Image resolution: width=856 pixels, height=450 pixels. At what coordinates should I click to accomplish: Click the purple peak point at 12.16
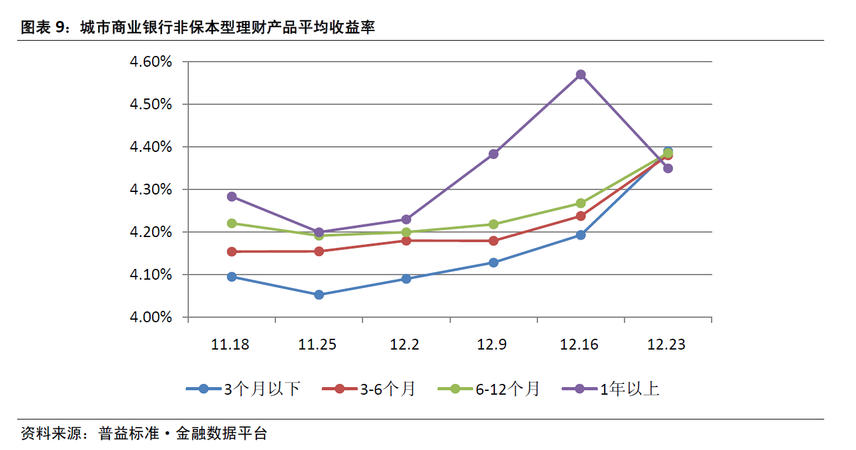click(581, 74)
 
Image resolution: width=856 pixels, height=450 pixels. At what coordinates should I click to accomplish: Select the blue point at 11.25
click(319, 294)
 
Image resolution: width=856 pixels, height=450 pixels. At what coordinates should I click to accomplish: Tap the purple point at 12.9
click(494, 154)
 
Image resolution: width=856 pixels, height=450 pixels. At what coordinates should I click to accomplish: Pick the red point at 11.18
click(232, 252)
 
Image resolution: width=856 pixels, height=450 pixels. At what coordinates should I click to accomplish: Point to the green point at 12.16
click(581, 203)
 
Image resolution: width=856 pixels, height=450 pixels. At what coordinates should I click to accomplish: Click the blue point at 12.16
click(581, 235)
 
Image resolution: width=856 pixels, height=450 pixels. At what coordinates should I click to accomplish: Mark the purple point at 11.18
click(232, 196)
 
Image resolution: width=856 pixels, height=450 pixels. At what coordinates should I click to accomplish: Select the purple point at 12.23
click(668, 168)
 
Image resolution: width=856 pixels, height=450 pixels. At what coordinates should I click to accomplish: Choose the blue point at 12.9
click(494, 262)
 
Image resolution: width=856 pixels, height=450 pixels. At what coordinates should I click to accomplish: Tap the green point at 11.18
click(232, 223)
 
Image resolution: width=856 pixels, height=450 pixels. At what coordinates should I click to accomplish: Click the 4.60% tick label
click(151, 62)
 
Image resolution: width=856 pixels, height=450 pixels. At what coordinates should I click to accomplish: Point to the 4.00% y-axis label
click(151, 317)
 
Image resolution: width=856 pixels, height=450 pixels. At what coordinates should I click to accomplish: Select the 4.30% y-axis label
click(151, 189)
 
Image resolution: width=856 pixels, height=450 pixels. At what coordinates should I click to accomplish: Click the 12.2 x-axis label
click(404, 344)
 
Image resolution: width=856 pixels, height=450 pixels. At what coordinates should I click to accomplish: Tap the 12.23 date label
click(666, 344)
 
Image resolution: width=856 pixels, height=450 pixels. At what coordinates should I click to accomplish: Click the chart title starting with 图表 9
click(197, 27)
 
